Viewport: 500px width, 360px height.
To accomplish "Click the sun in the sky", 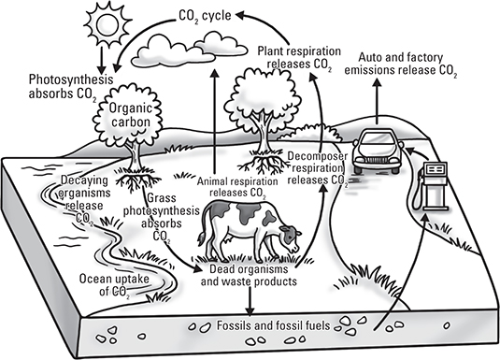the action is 108,24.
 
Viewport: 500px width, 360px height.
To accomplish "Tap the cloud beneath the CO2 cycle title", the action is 190,51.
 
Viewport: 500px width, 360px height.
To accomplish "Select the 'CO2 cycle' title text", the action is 205,16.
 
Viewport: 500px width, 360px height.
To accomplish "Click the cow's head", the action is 290,237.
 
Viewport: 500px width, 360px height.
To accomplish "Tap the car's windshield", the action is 379,139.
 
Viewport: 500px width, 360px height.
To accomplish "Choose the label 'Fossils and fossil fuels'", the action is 273,325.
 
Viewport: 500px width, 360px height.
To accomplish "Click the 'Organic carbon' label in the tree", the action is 131,115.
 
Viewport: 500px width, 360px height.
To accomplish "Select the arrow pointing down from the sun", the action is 102,61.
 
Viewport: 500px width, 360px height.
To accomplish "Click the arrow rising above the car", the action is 378,101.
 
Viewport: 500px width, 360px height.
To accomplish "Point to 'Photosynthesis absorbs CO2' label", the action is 71,87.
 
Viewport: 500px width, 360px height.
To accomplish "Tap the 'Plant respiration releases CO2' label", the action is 299,58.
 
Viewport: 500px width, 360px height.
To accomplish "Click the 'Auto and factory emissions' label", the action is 401,65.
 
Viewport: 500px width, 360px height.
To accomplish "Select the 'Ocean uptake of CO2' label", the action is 114,285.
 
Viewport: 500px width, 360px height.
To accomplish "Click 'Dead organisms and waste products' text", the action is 249,276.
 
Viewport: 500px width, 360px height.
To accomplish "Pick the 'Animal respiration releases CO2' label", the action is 237,188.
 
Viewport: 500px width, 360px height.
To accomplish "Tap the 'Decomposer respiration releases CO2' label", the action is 318,168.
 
